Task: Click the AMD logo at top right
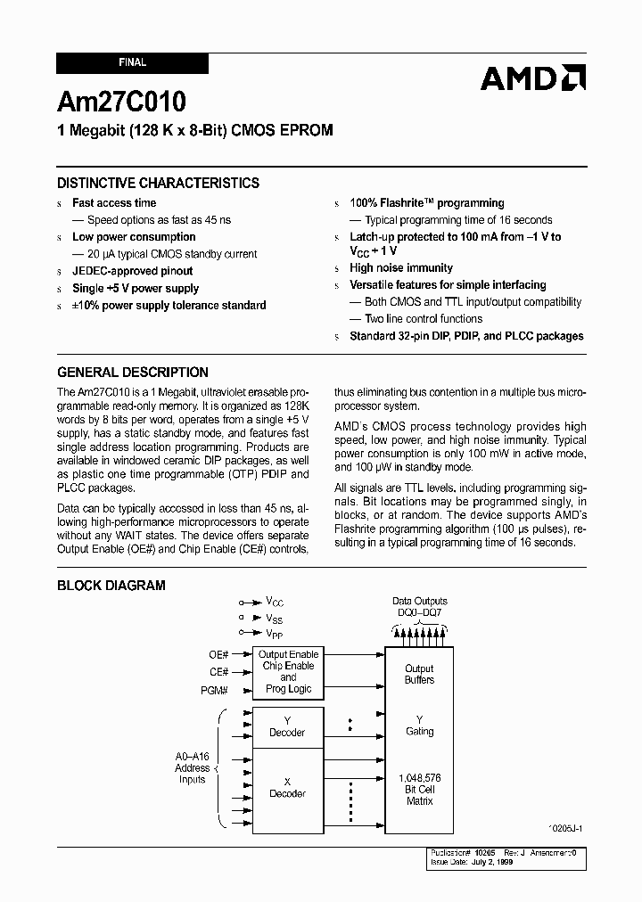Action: tap(533, 78)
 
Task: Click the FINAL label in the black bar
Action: tap(132, 63)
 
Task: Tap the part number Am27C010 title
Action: tap(121, 100)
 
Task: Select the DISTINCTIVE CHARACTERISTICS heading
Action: tap(158, 183)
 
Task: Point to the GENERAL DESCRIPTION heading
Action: tap(133, 373)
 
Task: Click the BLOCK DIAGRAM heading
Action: tap(111, 586)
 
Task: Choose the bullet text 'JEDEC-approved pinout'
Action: tap(132, 271)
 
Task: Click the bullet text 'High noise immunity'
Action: tap(401, 267)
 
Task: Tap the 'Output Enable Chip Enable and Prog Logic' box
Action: tap(288, 672)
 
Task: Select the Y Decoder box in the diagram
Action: tap(287, 726)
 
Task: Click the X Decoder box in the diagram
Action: tap(287, 788)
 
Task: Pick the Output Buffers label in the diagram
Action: tap(419, 674)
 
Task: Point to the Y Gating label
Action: tap(419, 726)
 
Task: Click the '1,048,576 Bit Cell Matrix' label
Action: tap(419, 790)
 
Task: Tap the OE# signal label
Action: tap(219, 655)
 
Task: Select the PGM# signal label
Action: tap(214, 691)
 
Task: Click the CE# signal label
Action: tap(219, 672)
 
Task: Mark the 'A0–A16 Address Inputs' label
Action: tap(193, 767)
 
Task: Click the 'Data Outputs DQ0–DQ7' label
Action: tap(419, 607)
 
